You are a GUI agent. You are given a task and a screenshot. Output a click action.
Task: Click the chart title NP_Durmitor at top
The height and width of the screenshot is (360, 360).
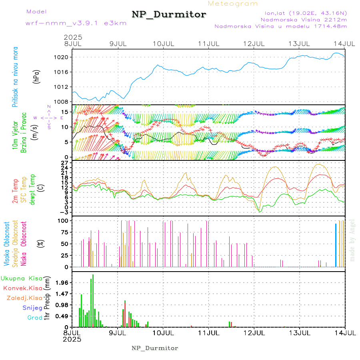pos(169,15)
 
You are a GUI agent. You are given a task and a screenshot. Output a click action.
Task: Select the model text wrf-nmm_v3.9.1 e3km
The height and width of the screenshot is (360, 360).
pos(76,23)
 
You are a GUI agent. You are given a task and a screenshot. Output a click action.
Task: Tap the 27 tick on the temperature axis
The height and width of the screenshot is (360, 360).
pos(65,163)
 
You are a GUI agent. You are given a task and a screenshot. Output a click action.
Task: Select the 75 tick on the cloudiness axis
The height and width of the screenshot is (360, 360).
pos(64,232)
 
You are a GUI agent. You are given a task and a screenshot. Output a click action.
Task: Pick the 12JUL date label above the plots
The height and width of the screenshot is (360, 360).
pos(254,43)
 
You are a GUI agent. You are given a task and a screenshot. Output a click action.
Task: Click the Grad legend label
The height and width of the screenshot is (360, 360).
pos(34,318)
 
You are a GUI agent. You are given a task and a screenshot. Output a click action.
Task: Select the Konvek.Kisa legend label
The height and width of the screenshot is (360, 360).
pos(23,288)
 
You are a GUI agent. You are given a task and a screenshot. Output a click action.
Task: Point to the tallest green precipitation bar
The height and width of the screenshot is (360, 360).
pos(93,300)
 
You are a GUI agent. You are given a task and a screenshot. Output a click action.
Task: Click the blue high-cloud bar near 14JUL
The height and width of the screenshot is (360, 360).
pos(336,245)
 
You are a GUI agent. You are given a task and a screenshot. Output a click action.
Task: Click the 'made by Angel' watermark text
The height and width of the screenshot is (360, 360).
pos(352,240)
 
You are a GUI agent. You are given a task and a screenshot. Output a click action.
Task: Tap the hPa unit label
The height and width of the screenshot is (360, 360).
pos(36,76)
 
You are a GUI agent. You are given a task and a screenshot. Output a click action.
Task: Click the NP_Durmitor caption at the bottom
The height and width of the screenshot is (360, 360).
pos(155,348)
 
